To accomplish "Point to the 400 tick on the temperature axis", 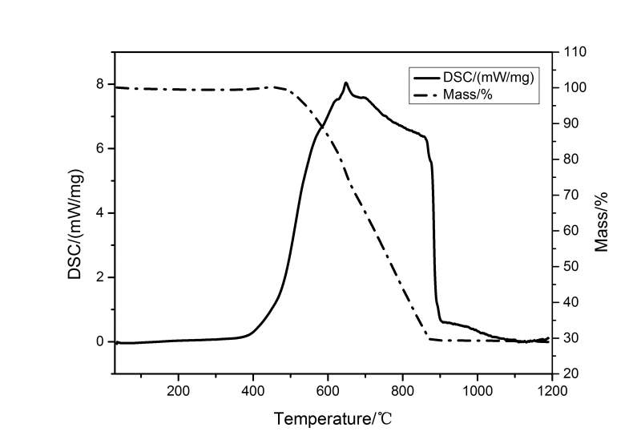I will tap(253, 390).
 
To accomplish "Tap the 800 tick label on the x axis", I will tap(402, 390).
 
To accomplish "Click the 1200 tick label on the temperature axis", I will tap(552, 390).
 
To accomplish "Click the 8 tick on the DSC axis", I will tap(100, 84).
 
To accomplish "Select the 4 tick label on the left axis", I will tap(100, 213).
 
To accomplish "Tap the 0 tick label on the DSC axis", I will tap(100, 341).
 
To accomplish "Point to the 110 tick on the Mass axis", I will tap(574, 52).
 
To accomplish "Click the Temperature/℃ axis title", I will tap(333, 418).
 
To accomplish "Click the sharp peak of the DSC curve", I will tap(345, 83).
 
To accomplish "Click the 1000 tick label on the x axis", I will tap(478, 390).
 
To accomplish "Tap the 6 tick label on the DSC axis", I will tap(100, 148).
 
